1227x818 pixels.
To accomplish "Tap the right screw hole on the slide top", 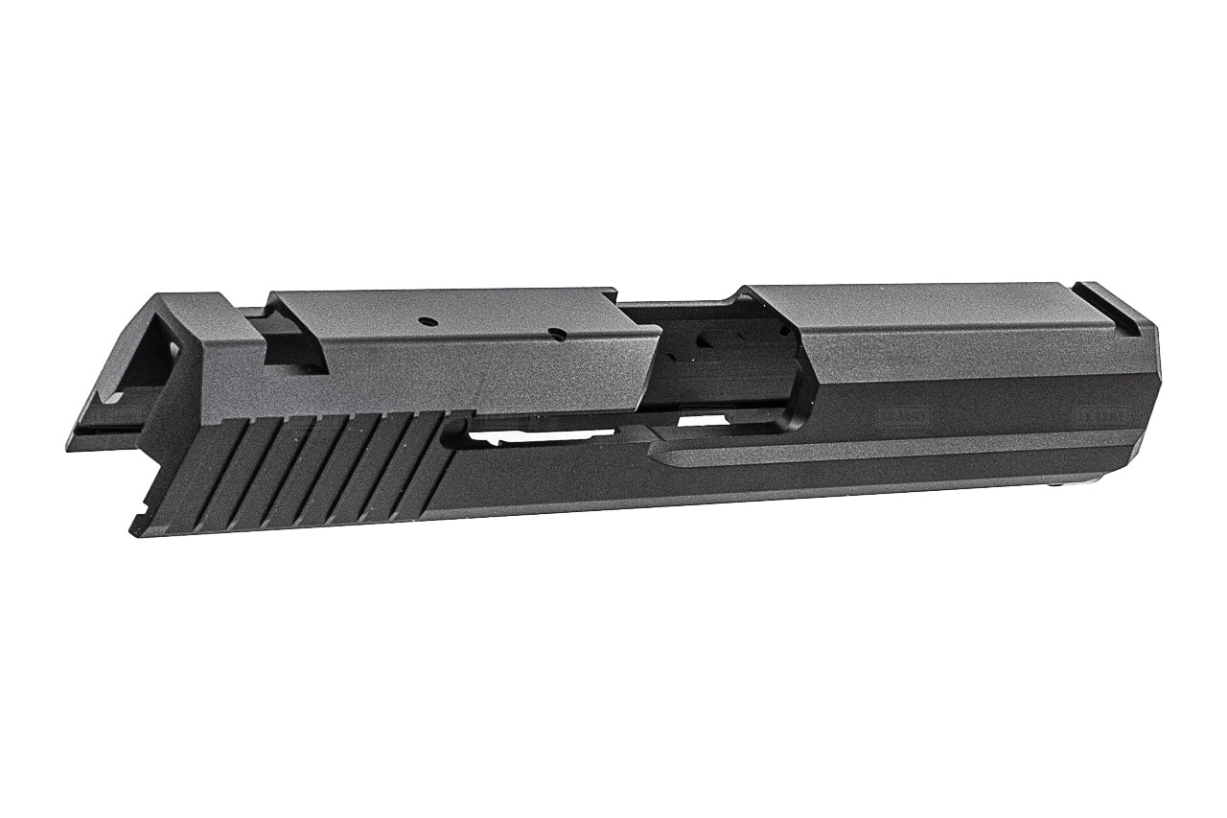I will (x=555, y=334).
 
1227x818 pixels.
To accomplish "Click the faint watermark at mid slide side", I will (x=901, y=415).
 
